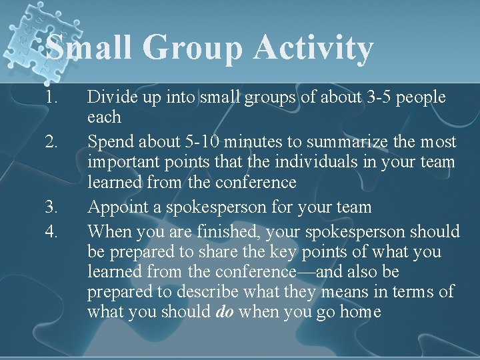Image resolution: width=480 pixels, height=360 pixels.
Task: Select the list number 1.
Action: pyautogui.click(x=53, y=97)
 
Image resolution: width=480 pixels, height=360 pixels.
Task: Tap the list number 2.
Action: pyautogui.click(x=53, y=142)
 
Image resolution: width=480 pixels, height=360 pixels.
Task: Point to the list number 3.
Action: pyautogui.click(x=53, y=207)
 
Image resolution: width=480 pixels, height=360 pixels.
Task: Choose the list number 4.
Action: pyautogui.click(x=53, y=231)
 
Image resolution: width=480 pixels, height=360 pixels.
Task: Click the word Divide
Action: pyautogui.click(x=110, y=97)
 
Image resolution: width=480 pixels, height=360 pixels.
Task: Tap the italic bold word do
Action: pyautogui.click(x=225, y=312)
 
